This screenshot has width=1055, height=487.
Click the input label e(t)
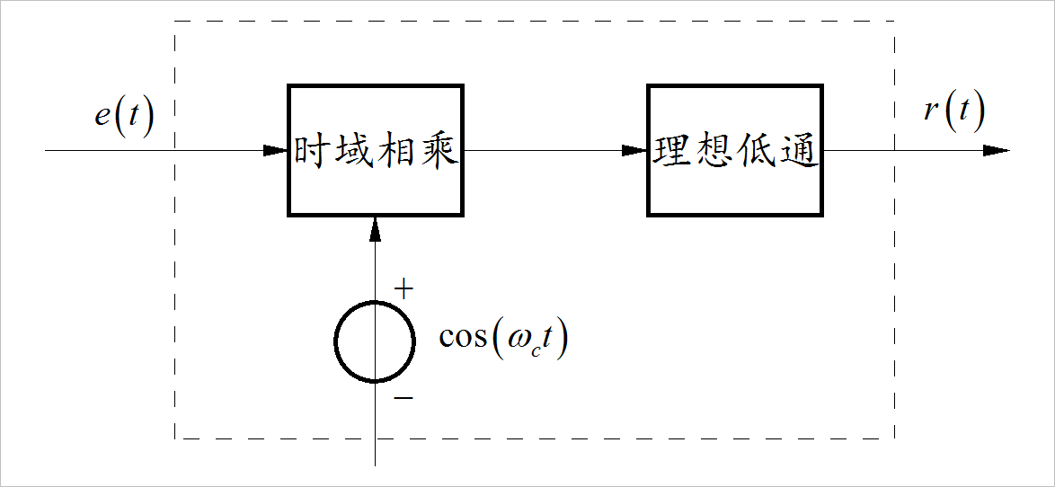coord(125,118)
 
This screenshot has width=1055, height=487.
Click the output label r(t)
coord(954,112)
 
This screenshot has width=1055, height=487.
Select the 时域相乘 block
coord(376,150)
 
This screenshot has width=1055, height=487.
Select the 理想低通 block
coord(735,150)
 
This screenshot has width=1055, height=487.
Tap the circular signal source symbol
coord(375,341)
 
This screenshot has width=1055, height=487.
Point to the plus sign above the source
coord(404,289)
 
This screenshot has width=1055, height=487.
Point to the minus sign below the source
coord(404,396)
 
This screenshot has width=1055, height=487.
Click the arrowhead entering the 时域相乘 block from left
coord(276,150)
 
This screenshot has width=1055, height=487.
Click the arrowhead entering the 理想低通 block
coord(635,150)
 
